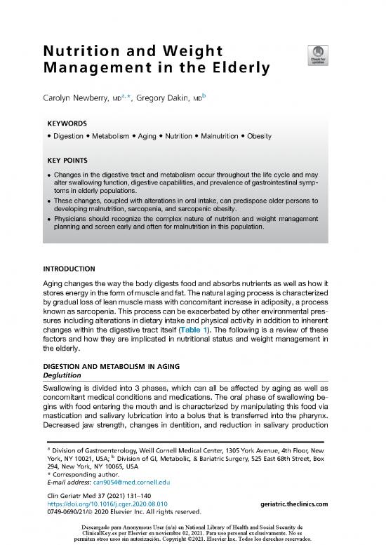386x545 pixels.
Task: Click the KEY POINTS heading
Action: click(x=71, y=160)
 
